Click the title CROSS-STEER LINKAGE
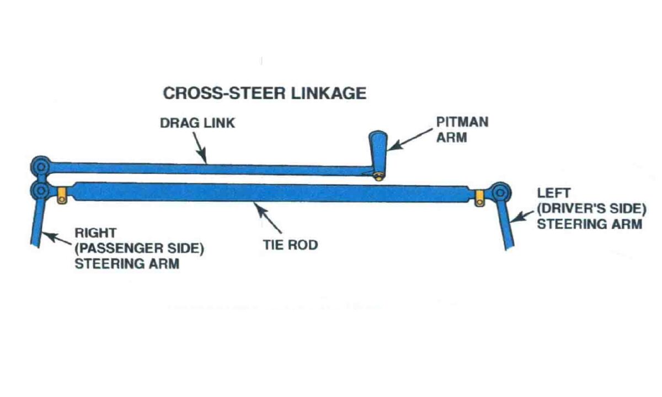264,93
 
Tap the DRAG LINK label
197,122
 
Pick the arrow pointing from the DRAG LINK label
200,147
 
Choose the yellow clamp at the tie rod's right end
479,197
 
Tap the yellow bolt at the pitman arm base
378,176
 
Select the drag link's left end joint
41,165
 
